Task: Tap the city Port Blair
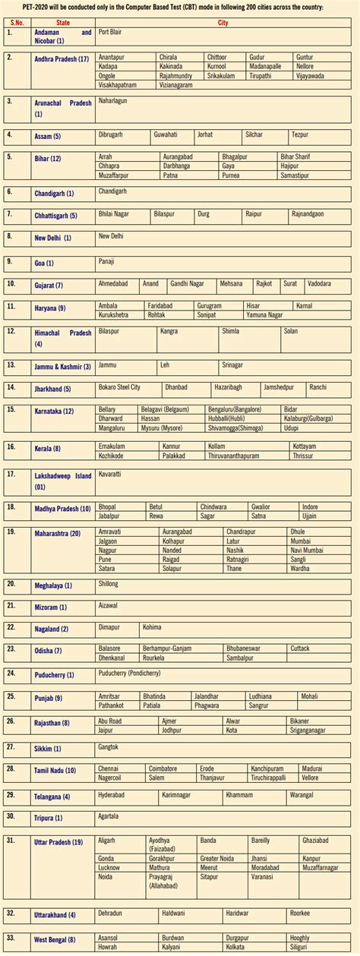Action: [x=110, y=32]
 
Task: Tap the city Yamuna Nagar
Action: [x=264, y=314]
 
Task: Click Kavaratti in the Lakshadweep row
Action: [x=111, y=473]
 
